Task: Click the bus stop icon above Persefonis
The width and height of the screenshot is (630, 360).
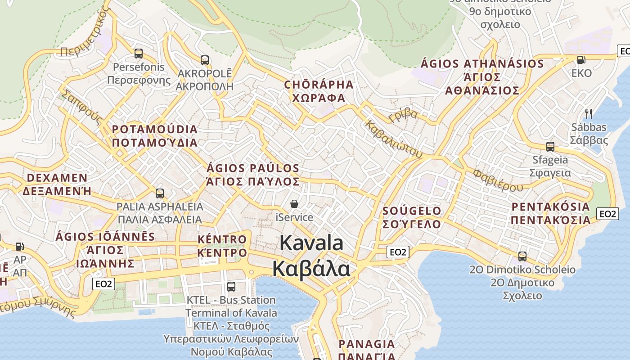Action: [139, 54]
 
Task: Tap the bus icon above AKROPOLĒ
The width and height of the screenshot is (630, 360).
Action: [205, 60]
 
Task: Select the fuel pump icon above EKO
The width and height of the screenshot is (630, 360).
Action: [581, 59]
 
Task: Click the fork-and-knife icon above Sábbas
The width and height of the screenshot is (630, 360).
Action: [588, 113]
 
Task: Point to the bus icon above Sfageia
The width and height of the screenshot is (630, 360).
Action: [550, 146]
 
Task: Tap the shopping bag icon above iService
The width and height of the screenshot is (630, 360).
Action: [294, 204]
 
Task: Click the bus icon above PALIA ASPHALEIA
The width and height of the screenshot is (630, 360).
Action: [159, 193]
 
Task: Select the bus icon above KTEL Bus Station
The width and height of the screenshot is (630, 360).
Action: [231, 286]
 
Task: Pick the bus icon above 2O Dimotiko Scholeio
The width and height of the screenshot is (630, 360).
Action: [522, 256]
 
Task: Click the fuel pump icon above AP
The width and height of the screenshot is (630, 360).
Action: [19, 247]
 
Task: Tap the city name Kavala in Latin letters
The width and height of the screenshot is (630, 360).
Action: [311, 243]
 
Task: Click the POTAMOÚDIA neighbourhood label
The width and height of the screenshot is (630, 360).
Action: [155, 130]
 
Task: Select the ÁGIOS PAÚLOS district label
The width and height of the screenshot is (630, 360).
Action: [253, 168]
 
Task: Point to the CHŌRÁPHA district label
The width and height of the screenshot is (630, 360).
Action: [319, 85]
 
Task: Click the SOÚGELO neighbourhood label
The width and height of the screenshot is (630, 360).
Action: [412, 211]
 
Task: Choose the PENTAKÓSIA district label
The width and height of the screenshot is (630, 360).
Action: [550, 207]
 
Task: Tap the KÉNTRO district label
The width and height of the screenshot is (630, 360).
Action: [222, 239]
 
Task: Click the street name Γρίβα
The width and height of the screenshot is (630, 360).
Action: [403, 115]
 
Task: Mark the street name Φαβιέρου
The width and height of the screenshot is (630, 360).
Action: [498, 180]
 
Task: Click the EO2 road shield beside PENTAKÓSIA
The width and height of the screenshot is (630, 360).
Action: [607, 214]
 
